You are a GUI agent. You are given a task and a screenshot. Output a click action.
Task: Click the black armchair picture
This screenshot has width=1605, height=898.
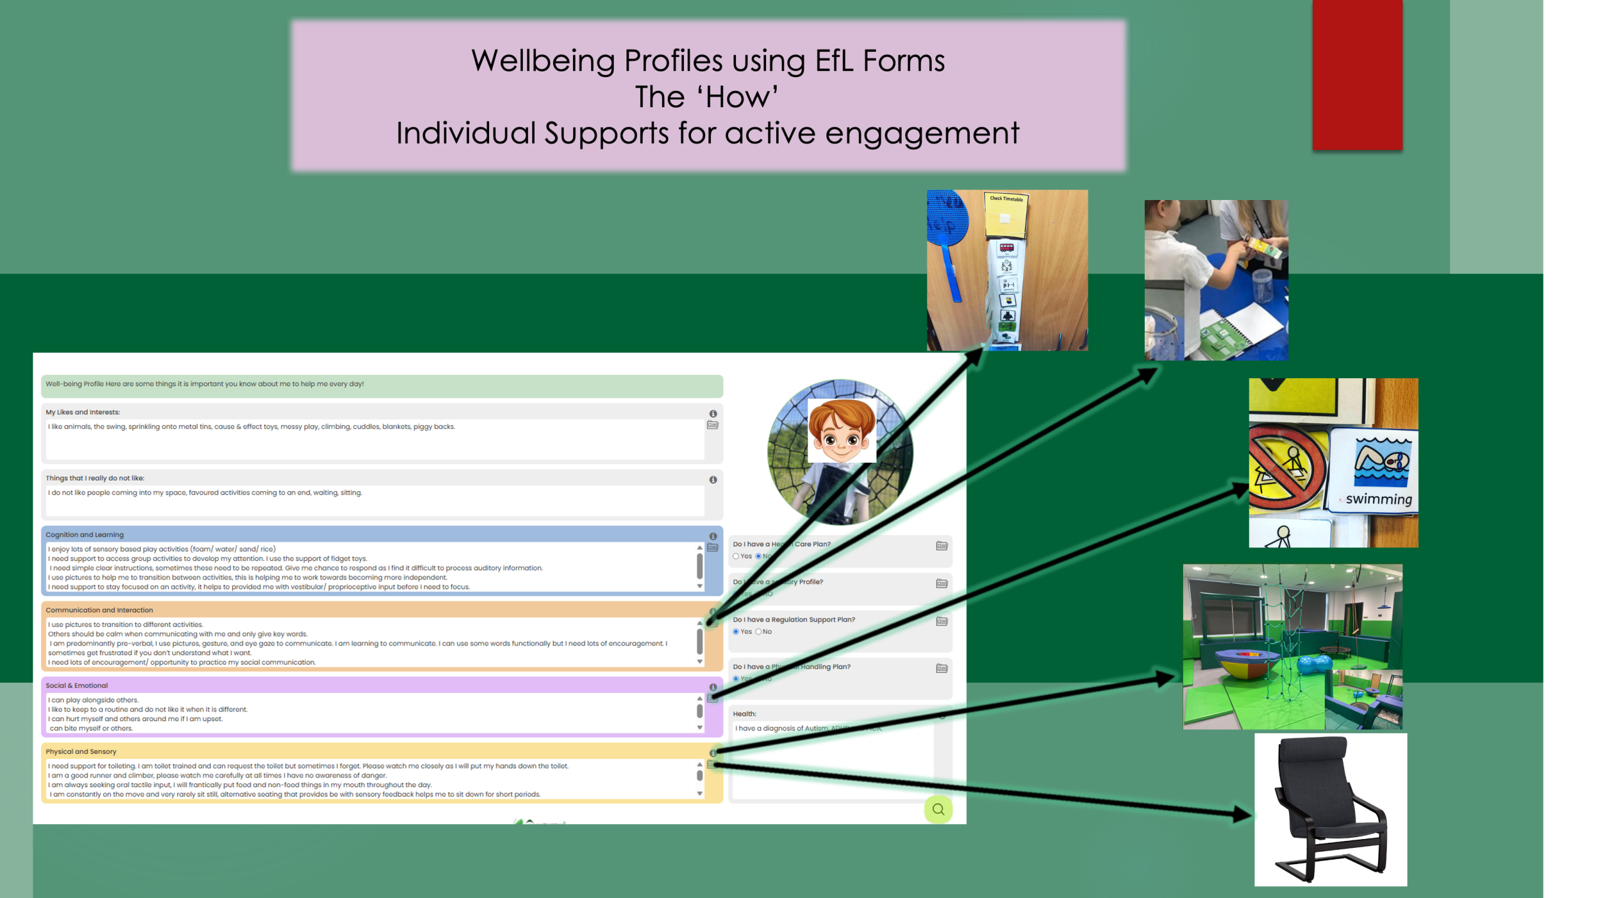1330,809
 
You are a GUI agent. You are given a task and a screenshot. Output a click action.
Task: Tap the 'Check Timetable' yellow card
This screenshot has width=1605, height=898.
1006,213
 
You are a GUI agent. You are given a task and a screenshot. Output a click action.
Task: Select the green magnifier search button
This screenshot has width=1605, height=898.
938,809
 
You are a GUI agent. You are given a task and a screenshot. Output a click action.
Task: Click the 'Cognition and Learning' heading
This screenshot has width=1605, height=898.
85,535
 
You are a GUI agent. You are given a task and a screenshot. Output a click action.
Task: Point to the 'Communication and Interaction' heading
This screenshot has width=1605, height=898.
99,610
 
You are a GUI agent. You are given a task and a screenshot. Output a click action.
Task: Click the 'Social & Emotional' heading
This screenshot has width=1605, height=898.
76,685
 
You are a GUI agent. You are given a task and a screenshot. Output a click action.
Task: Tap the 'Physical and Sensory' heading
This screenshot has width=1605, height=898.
81,751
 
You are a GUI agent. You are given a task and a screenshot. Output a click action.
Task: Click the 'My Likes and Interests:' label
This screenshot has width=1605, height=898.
83,412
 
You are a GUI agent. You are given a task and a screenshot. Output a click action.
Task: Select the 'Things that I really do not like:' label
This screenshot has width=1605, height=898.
95,478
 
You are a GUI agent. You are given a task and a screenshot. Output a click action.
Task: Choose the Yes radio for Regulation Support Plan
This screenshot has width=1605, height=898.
736,631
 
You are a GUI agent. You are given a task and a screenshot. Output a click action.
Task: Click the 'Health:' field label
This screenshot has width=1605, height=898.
744,714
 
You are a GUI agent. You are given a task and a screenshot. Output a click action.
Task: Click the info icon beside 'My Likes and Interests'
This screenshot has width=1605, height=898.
713,414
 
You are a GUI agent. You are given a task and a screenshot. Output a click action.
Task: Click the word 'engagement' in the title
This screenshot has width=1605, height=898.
922,134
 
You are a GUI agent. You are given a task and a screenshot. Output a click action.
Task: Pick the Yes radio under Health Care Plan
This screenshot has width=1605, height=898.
736,556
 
